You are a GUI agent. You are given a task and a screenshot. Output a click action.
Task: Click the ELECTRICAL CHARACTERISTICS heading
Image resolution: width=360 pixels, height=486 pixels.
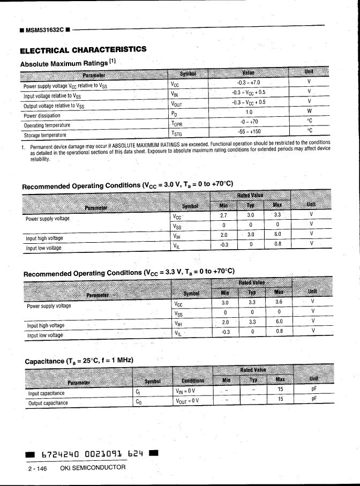82,50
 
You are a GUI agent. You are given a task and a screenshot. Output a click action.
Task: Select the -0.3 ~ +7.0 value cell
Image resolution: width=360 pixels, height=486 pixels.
248,83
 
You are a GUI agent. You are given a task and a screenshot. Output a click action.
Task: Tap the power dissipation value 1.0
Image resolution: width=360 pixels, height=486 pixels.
249,112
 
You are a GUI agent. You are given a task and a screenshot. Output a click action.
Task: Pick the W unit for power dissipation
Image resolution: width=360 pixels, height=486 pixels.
309,111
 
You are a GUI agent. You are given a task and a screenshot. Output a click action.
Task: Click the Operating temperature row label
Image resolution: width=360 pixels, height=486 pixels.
47,125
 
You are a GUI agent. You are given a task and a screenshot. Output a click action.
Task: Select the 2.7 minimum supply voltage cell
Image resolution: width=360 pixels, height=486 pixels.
224,215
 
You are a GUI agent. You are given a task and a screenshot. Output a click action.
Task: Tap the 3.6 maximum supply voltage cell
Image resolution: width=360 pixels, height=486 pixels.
279,302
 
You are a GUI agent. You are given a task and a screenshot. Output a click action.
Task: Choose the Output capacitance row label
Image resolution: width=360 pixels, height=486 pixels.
48,403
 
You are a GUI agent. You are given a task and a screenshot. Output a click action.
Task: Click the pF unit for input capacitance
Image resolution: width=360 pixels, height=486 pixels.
314,389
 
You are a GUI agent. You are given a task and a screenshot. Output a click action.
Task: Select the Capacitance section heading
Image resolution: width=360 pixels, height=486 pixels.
79,361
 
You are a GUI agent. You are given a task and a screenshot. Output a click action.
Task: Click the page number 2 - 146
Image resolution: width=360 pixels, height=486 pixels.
37,468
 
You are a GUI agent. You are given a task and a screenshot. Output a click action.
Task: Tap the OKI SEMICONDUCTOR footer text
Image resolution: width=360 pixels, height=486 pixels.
93,468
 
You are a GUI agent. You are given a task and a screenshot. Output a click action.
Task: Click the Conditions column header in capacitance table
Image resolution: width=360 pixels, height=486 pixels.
192,381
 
